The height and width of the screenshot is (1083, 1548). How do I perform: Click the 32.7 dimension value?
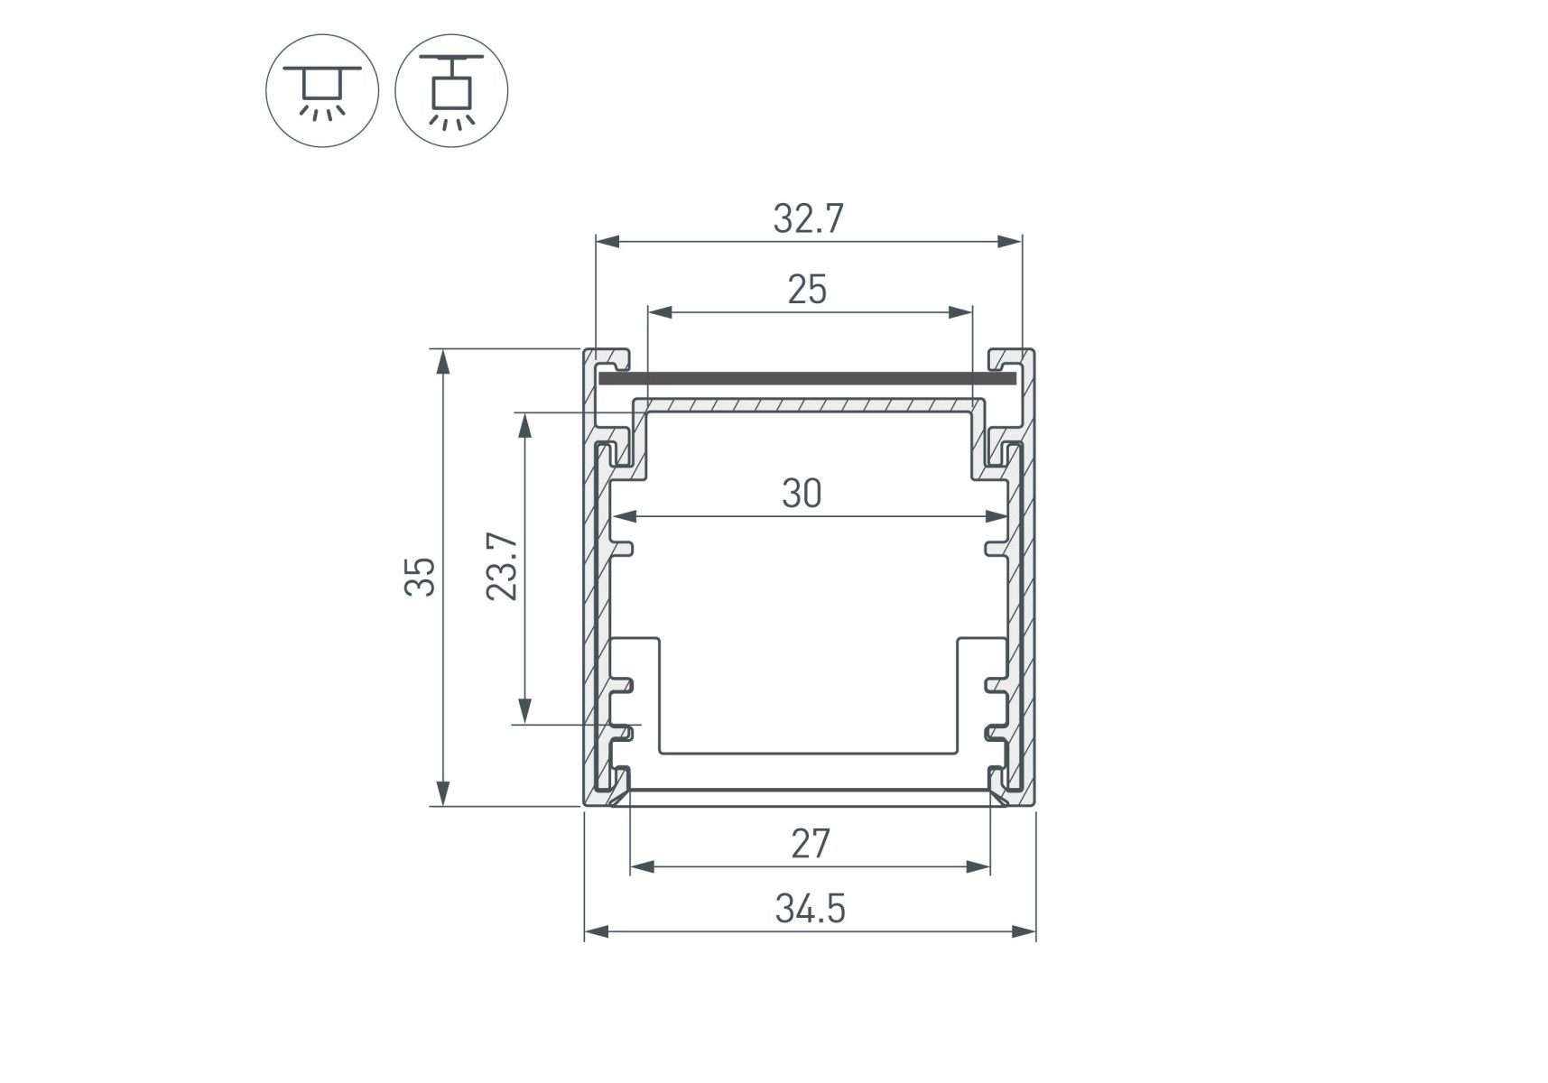pos(808,219)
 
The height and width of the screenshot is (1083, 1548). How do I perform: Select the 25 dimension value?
pos(807,290)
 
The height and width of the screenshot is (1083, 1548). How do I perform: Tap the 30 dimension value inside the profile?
pos(802,494)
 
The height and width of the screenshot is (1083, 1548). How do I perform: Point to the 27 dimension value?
pos(810,844)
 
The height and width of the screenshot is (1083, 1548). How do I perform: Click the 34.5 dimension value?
pos(810,909)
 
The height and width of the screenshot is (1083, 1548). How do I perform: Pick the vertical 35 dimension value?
pos(420,577)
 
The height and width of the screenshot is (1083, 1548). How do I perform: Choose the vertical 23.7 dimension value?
pos(502,567)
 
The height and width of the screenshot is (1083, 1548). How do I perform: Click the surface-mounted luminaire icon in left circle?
pos(322,91)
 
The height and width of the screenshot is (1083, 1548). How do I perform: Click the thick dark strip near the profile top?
pos(807,379)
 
